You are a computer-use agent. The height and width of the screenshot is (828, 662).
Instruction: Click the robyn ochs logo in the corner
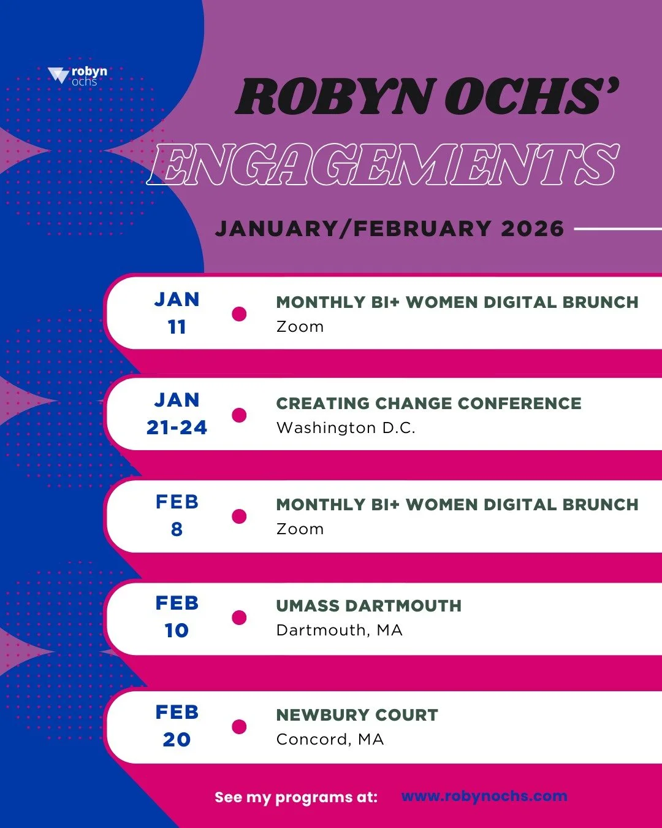click(78, 76)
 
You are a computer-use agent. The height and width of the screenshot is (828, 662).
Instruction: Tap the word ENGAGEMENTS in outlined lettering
click(383, 164)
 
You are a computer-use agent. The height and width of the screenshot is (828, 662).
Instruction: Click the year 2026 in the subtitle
click(532, 229)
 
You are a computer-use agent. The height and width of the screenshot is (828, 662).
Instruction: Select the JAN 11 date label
click(177, 313)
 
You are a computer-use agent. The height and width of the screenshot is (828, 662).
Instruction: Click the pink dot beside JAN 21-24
click(239, 415)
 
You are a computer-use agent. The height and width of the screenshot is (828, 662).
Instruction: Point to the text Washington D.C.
click(346, 427)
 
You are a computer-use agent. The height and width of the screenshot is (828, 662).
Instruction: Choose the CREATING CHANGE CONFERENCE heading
click(428, 403)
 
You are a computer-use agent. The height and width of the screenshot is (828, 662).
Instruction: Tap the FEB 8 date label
click(177, 515)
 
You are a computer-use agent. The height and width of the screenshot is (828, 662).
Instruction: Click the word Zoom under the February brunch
click(300, 529)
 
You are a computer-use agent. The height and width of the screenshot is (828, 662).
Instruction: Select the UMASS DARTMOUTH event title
click(368, 605)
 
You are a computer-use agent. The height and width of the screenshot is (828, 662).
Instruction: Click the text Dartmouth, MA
click(339, 630)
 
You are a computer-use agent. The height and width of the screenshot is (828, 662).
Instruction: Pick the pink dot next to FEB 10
click(239, 618)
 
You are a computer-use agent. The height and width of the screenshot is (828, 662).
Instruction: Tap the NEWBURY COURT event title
click(357, 715)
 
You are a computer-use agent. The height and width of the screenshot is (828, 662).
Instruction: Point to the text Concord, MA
click(330, 739)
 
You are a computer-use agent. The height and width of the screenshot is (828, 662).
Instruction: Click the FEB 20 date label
click(177, 726)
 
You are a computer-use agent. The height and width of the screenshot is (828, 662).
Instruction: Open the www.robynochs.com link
click(484, 796)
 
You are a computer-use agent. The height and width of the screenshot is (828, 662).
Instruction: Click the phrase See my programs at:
click(296, 797)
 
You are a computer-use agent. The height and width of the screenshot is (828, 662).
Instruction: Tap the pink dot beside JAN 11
click(239, 314)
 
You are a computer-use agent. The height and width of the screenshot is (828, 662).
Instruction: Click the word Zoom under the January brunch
click(300, 326)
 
